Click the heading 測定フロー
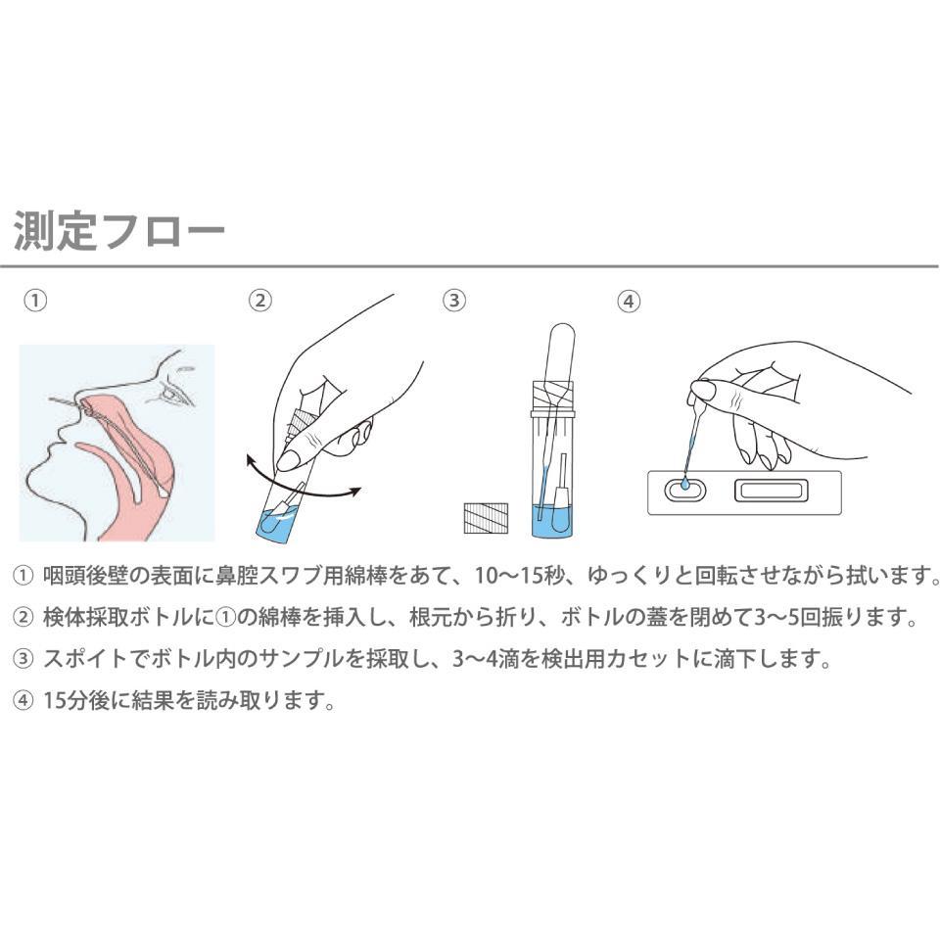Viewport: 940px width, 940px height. coord(119,230)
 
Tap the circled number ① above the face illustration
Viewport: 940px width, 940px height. coord(35,301)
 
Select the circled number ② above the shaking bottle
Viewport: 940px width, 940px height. coord(260,301)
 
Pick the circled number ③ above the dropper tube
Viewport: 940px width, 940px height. coord(454,301)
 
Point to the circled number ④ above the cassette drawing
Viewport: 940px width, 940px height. coord(629,301)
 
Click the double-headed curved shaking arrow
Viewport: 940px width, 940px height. coord(304,479)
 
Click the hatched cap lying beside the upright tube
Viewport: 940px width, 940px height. coord(486,518)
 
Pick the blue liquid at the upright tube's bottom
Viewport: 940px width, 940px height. coord(552,520)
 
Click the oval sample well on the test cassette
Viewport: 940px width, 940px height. coord(685,490)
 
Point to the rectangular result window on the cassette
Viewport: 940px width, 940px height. coord(773,491)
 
